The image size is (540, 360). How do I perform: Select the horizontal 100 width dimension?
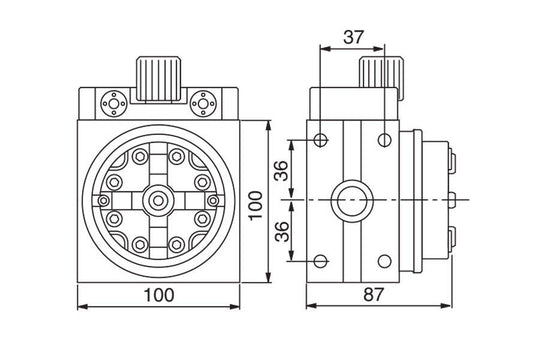159,294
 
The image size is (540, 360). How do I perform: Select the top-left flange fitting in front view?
111,102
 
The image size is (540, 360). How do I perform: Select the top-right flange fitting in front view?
207,102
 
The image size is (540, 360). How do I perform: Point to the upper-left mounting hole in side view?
319,139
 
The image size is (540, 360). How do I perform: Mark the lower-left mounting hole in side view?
319,263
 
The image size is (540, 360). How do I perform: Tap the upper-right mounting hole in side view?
384,139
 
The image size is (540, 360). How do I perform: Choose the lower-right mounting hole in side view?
384,263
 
